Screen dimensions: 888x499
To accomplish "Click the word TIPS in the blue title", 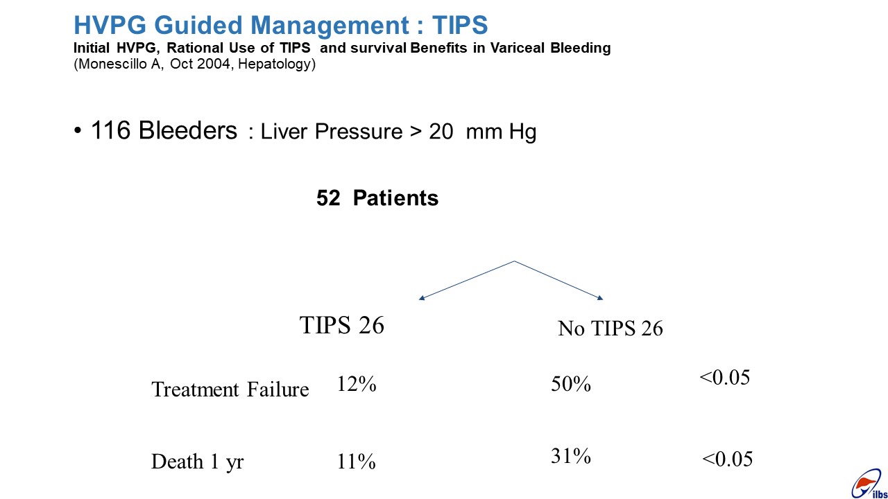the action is coord(459,25).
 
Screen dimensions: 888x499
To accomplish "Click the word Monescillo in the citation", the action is coord(113,63).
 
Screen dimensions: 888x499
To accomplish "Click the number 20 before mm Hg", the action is coord(441,132).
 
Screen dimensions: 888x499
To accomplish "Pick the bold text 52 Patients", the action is coord(377,198).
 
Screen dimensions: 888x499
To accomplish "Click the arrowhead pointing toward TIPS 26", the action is coord(421,298).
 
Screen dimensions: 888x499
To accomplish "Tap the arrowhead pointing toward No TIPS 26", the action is coord(600,298).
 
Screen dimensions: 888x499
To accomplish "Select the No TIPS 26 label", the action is coord(610,329).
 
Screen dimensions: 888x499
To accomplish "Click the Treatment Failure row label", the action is coord(230,389).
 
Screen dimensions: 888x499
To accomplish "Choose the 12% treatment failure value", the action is coord(357,384).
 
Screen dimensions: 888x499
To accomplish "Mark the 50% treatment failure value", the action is coord(571,384).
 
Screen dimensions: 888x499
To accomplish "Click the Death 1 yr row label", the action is coord(198,462).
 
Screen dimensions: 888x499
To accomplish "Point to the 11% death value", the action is coord(356,462).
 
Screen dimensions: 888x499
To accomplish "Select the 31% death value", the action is coord(571,456).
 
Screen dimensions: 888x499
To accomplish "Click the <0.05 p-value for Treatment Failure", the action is coord(725,377).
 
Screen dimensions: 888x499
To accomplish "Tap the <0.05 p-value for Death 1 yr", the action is coord(728,459).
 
